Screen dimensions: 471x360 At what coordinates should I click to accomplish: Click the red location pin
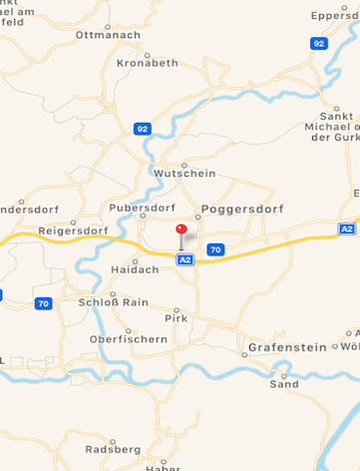(180, 231)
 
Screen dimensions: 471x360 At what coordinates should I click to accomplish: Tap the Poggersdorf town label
(241, 209)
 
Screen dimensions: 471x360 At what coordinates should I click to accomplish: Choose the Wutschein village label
(184, 173)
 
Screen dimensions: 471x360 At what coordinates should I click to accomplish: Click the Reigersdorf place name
(71, 231)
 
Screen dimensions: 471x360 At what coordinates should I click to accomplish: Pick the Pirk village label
(175, 318)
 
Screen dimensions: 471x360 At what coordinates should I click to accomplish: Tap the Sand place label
(284, 383)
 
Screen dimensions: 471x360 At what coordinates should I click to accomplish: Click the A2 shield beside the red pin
(184, 259)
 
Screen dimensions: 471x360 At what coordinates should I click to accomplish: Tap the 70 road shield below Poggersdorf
(216, 248)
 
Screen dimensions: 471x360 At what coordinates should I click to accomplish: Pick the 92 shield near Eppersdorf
(318, 44)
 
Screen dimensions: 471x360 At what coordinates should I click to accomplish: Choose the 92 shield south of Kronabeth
(143, 129)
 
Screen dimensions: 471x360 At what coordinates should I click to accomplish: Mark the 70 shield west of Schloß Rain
(43, 303)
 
